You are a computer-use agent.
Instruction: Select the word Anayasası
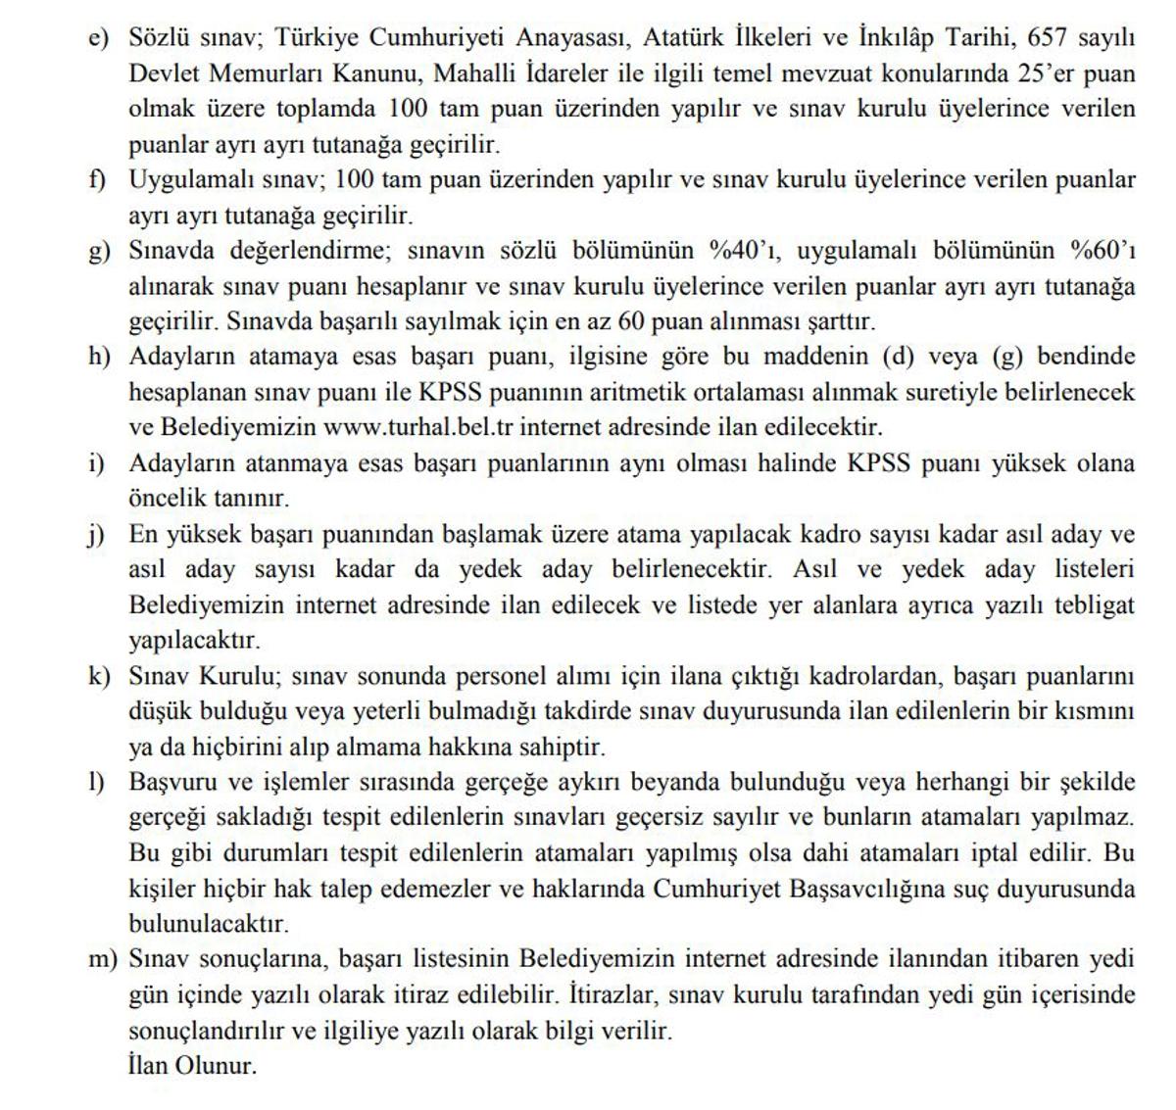tap(581, 37)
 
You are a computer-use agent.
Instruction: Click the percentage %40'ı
tap(744, 250)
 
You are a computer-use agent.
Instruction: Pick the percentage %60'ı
tap(1102, 250)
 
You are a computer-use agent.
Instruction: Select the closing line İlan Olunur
tap(192, 1065)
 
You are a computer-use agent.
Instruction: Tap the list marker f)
tap(98, 180)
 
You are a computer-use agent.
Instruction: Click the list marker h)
tap(99, 357)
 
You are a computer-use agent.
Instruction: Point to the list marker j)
tap(96, 535)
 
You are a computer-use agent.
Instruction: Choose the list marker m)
tap(102, 959)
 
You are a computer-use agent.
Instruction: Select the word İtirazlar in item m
tap(614, 995)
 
